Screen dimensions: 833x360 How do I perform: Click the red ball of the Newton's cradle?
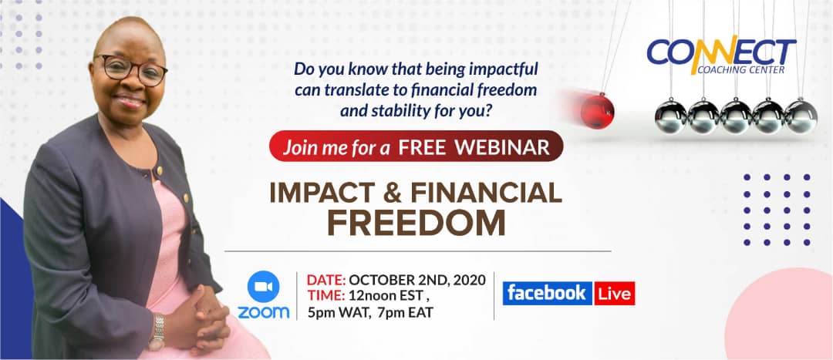[597, 110]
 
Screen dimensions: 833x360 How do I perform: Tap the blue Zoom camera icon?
[264, 287]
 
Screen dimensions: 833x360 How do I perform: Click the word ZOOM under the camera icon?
[264, 312]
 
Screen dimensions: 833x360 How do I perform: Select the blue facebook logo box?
[547, 293]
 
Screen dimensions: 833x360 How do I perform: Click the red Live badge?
[615, 293]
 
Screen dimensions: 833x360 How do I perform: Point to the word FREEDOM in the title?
[416, 224]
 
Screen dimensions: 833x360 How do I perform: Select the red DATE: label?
[326, 280]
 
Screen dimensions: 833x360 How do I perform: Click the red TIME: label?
[326, 296]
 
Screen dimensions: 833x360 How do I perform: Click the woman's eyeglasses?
[132, 69]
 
